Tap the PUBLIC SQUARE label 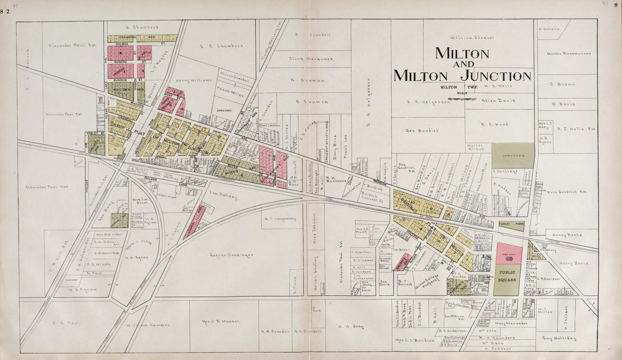tap(507, 275)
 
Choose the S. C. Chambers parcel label tap(221, 46)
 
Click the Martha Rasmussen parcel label tap(569, 54)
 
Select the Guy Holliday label tap(559, 338)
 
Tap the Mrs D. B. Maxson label tap(220, 321)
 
